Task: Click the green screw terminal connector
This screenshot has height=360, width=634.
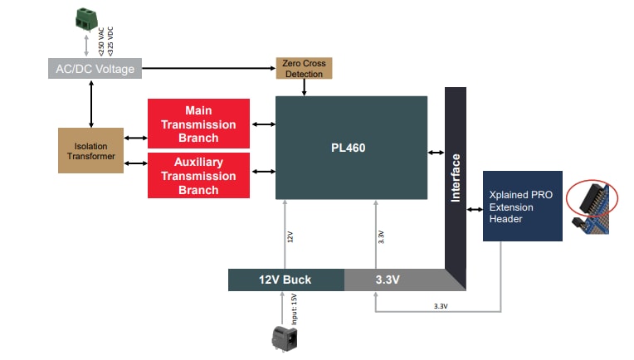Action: point(85,18)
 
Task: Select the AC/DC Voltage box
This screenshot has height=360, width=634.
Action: point(95,70)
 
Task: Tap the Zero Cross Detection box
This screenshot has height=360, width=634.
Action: point(304,69)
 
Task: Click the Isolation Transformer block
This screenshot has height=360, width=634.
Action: point(91,151)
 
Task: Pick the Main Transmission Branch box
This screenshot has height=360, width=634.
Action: point(198,124)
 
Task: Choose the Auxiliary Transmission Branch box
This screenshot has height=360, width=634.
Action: point(198,176)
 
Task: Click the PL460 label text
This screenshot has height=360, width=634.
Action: point(349,148)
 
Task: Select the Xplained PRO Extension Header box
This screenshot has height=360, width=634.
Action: point(523,207)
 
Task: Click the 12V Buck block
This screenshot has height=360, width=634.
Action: point(286,280)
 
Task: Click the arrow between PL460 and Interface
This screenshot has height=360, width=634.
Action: point(436,152)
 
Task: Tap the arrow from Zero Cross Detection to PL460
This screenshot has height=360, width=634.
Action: point(304,88)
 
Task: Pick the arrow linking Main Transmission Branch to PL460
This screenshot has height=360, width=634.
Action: point(262,124)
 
